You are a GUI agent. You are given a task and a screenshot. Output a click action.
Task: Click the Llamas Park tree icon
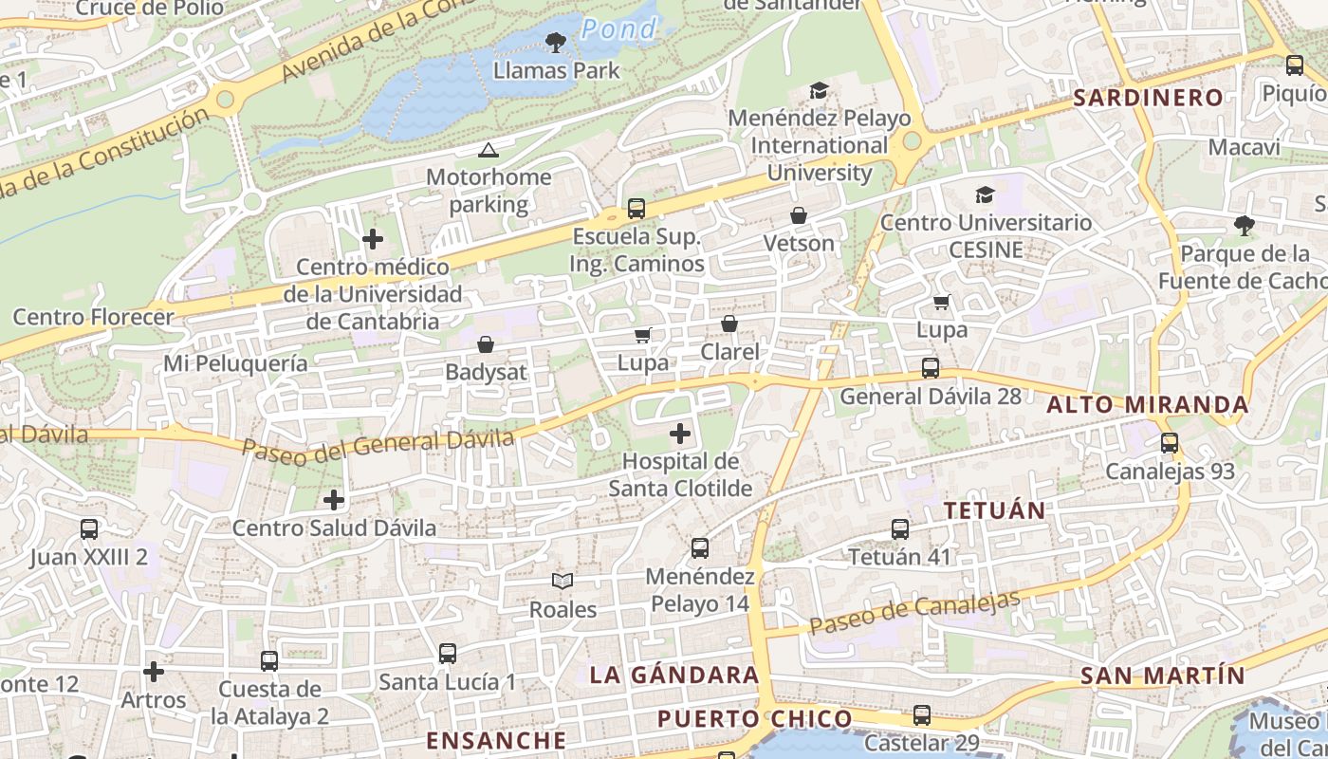pyautogui.click(x=556, y=42)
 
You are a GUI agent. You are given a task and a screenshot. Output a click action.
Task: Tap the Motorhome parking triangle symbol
pyautogui.click(x=488, y=150)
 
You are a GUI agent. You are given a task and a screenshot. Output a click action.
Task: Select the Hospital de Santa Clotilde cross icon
pyautogui.click(x=680, y=434)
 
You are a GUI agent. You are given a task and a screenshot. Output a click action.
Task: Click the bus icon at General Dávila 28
pyautogui.click(x=931, y=368)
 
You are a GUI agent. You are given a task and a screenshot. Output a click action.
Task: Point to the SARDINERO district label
pyautogui.click(x=1148, y=98)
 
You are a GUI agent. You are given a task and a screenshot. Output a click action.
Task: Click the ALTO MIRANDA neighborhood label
pyautogui.click(x=1148, y=405)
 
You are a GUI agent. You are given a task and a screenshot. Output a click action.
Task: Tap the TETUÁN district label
pyautogui.click(x=994, y=510)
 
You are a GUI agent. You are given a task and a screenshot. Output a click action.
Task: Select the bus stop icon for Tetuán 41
pyautogui.click(x=899, y=529)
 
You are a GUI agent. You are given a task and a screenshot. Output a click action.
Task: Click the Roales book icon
pyautogui.click(x=563, y=581)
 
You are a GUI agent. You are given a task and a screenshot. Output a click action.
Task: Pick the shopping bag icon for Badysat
pyautogui.click(x=486, y=343)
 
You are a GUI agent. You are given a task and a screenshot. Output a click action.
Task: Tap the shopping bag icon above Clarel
pyautogui.click(x=729, y=324)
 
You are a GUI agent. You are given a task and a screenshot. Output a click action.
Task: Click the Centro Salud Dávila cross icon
pyautogui.click(x=334, y=499)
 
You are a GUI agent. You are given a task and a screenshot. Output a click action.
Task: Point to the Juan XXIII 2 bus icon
pyautogui.click(x=89, y=529)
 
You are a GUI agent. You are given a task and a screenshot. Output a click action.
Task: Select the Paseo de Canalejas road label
pyautogui.click(x=915, y=612)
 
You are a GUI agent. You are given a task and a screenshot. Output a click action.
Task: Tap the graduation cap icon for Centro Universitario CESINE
pyautogui.click(x=986, y=194)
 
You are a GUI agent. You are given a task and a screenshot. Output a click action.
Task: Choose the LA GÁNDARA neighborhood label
pyautogui.click(x=674, y=676)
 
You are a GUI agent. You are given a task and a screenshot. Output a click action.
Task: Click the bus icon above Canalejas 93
pyautogui.click(x=1170, y=443)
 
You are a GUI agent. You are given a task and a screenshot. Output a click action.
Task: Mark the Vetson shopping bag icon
pyautogui.click(x=799, y=215)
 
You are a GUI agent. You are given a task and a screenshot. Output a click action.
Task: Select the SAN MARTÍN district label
pyautogui.click(x=1162, y=676)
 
